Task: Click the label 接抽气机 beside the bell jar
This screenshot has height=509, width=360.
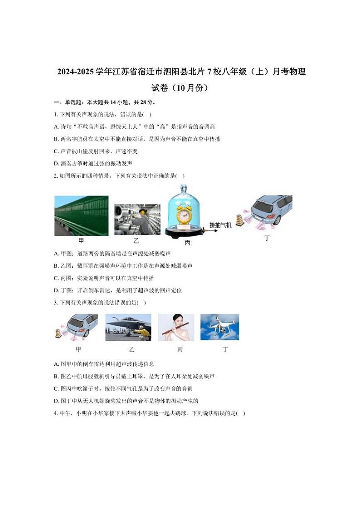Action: point(220,225)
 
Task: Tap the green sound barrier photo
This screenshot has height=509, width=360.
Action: point(81,216)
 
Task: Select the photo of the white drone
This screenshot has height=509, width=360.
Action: point(219,327)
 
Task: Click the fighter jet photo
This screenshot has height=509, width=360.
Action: point(128,327)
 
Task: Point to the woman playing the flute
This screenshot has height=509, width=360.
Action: point(176,327)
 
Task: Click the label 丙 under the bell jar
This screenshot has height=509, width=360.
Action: point(187,243)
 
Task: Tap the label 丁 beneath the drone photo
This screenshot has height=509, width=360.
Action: point(225,349)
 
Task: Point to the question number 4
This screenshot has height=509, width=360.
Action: point(55,413)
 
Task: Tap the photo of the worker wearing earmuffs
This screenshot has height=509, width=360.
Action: point(137,219)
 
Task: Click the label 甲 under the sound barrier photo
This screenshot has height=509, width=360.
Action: point(81,241)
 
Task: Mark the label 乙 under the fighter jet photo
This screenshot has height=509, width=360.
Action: point(131,349)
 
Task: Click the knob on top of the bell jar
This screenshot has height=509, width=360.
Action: point(183,187)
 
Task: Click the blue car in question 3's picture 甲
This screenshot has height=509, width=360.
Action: point(83,324)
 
